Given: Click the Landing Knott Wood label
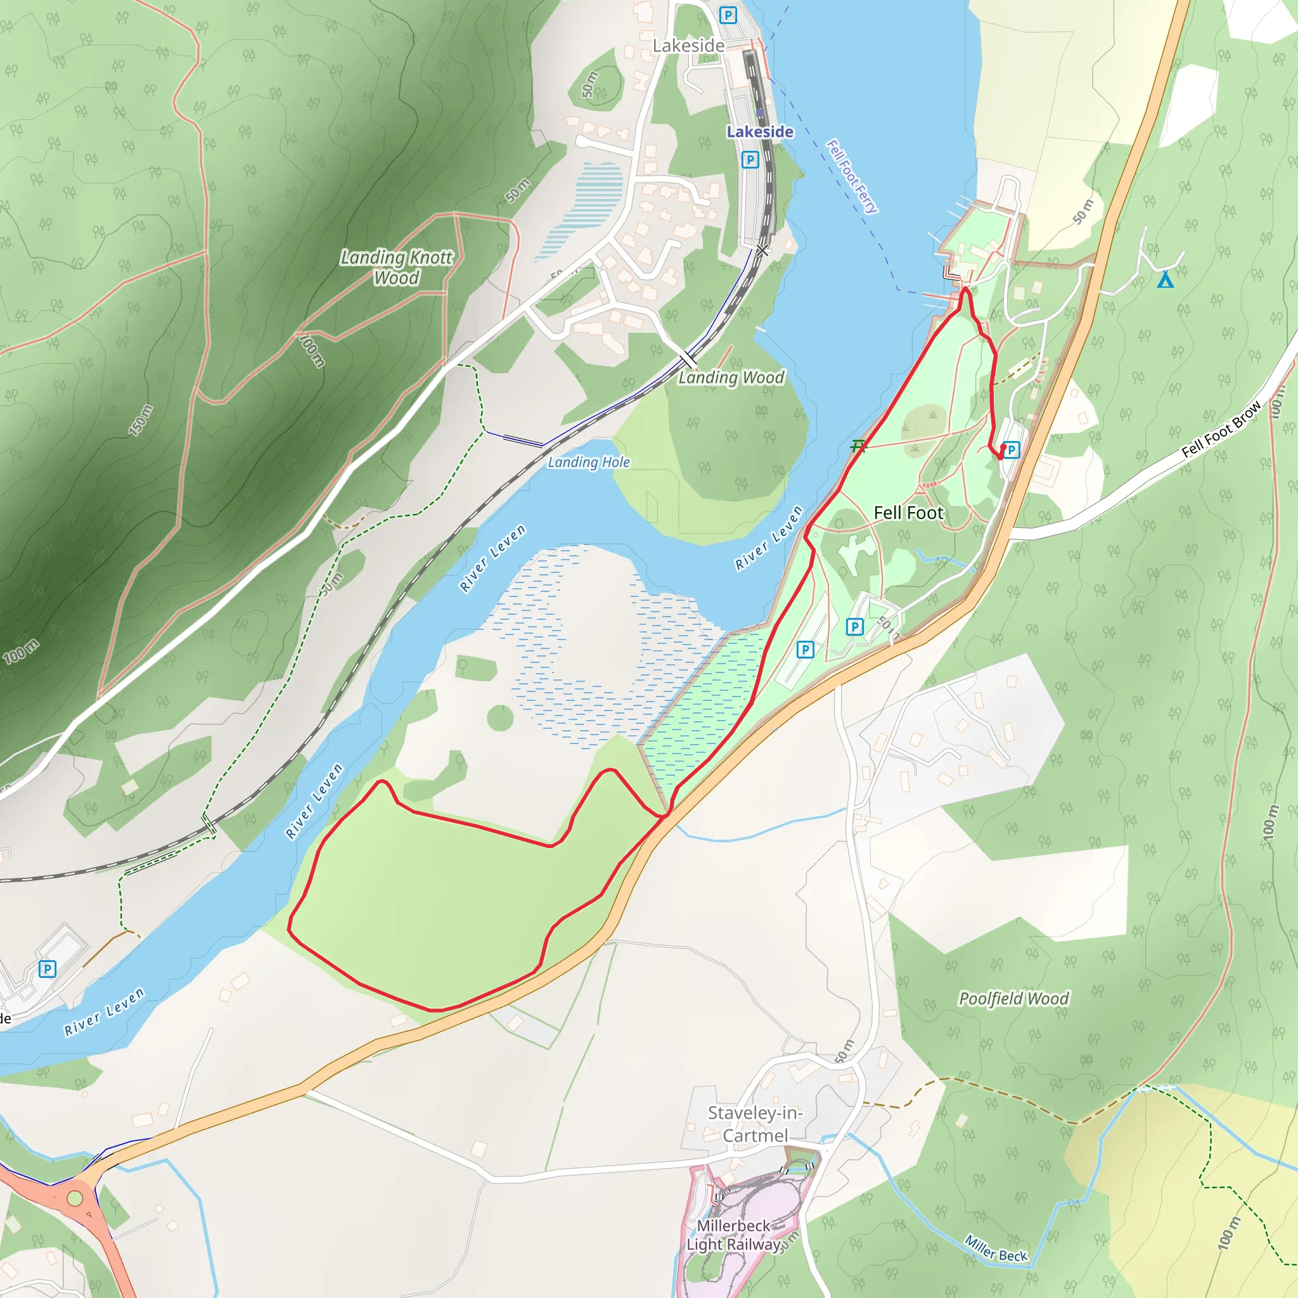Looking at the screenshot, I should coord(396,267).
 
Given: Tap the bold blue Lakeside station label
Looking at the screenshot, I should coord(760,132).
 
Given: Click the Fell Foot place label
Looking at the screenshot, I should coord(908,513).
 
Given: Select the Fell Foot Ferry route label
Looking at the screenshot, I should coord(851,176).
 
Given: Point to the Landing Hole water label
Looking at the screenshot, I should coord(589,462).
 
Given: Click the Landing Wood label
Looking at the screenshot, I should coord(731,378).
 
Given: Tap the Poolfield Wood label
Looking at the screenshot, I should coord(1013,998).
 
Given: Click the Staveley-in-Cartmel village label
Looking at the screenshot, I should coord(755,1124).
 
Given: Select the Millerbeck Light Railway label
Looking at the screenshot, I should coord(734,1235).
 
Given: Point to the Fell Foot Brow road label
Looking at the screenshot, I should coord(1221,429).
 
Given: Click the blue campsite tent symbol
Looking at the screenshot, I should coord(1166,280).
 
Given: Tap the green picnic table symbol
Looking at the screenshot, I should coord(858,446).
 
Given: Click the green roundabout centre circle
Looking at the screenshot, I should coord(75,1198).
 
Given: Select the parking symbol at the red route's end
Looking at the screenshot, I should coord(1011,450).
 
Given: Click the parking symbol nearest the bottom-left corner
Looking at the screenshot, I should coord(47,969).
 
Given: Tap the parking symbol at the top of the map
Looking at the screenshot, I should coord(728,15).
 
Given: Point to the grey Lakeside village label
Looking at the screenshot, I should coord(689,46).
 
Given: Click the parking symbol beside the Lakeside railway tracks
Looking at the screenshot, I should coord(750,159).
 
